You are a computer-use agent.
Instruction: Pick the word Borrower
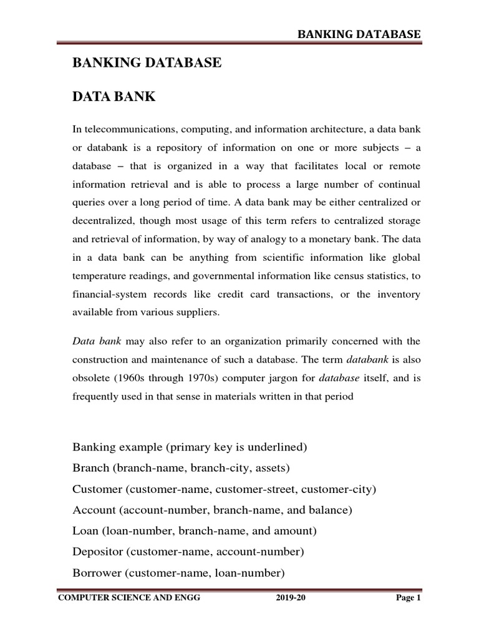[98, 573]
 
